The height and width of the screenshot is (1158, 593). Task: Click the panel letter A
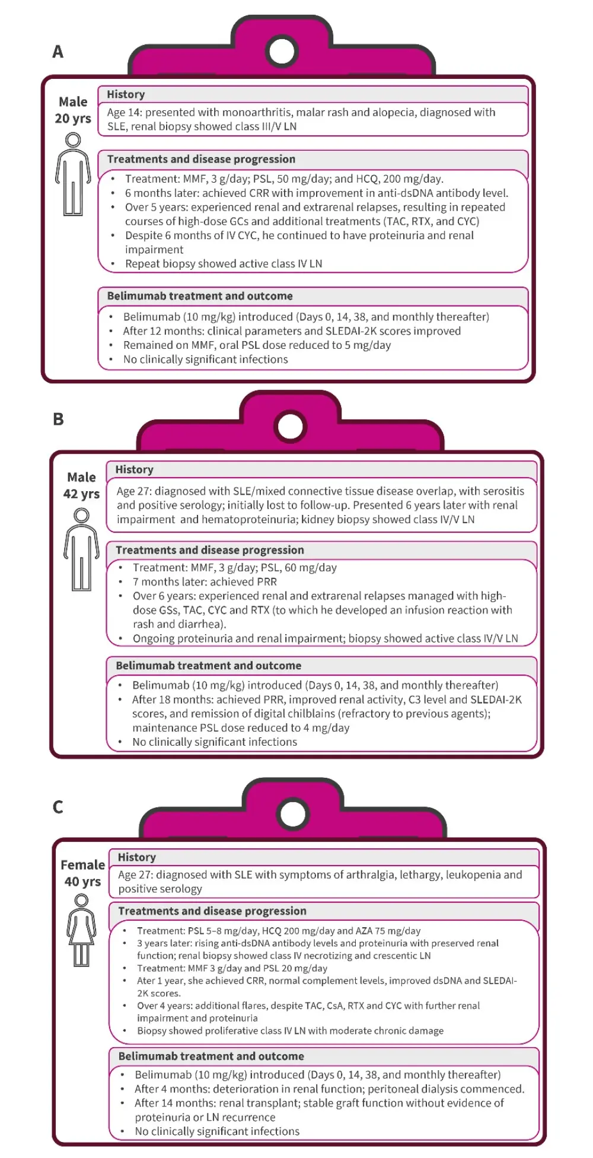coord(58,52)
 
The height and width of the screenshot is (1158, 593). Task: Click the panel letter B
coord(58,419)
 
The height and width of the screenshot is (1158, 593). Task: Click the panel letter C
coord(58,807)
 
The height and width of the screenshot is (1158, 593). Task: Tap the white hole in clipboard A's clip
coord(282,51)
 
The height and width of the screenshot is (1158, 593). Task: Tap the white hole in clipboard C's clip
coord(293,814)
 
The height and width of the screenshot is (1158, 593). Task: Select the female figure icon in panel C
coord(82,930)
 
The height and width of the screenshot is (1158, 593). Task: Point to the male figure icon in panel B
coord(82,549)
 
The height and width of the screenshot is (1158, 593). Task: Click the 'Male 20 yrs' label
coord(73,110)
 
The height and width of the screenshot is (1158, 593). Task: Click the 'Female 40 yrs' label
coord(82,873)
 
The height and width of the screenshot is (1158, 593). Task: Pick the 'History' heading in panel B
coord(134,469)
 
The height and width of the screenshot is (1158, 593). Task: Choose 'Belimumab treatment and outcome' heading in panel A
coord(200,296)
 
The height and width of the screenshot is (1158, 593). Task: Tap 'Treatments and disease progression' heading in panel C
coord(212,911)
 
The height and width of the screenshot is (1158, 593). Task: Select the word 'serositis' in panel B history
coord(500,491)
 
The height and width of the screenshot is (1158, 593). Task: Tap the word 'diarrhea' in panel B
coord(202,624)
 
